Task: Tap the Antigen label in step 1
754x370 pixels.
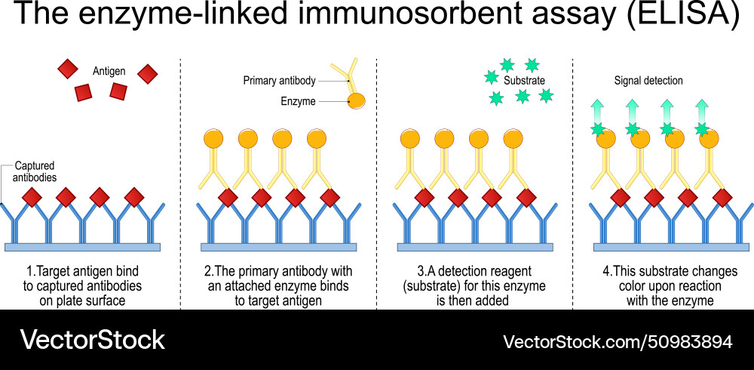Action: click(x=109, y=71)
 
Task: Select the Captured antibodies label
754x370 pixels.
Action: click(x=34, y=171)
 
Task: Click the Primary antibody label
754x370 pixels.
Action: click(x=279, y=81)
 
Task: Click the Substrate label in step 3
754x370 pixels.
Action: click(x=524, y=80)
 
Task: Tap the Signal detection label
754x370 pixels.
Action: click(x=648, y=81)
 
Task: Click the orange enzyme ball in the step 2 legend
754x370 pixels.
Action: click(x=356, y=100)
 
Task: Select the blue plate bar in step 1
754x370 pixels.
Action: click(x=82, y=246)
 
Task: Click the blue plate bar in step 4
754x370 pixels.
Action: click(x=671, y=246)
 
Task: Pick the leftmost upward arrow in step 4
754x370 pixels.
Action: click(x=598, y=111)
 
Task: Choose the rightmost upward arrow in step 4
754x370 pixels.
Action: click(x=702, y=111)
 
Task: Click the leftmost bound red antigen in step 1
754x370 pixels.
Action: click(x=31, y=198)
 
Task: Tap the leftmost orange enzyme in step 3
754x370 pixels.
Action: click(x=409, y=139)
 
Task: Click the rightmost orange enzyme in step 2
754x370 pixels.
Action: click(x=317, y=139)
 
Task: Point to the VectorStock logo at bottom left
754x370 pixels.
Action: click(x=92, y=340)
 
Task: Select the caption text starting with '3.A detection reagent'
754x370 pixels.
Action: click(x=475, y=285)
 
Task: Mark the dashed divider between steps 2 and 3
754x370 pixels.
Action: click(x=376, y=181)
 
